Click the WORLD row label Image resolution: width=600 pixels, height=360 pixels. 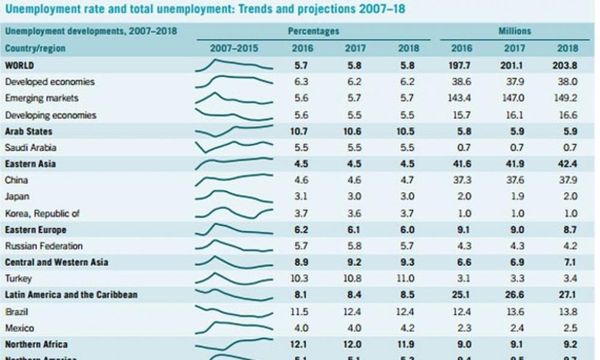tap(20, 65)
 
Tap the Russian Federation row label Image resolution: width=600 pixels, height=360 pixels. tap(44, 246)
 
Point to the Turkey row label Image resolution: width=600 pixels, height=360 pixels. tap(18, 278)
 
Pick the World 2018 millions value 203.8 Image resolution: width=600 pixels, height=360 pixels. tap(566, 65)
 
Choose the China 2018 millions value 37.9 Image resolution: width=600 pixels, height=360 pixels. tap(566, 180)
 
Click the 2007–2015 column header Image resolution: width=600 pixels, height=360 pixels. tap(235, 49)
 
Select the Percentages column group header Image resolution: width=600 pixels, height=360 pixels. tap(313, 31)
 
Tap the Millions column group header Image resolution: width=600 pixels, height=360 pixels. tap(515, 31)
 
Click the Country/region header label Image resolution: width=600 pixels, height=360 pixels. tap(35, 49)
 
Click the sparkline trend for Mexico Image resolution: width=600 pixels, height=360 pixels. tap(235, 328)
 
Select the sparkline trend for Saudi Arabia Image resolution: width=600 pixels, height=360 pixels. tap(235, 146)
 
